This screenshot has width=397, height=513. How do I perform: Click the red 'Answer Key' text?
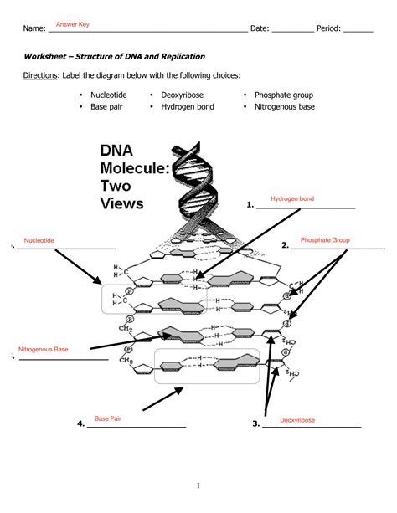tap(73, 25)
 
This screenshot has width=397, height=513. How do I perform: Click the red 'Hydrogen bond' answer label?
tap(292, 198)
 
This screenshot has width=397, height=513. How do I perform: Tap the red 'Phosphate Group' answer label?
tap(324, 240)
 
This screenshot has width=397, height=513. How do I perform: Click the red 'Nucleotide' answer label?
tap(39, 240)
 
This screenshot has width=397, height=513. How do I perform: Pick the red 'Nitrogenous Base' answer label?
tap(44, 349)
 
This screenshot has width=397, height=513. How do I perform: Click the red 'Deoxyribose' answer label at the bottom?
tap(297, 420)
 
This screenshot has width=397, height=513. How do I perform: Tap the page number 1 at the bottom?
tap(198, 485)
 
